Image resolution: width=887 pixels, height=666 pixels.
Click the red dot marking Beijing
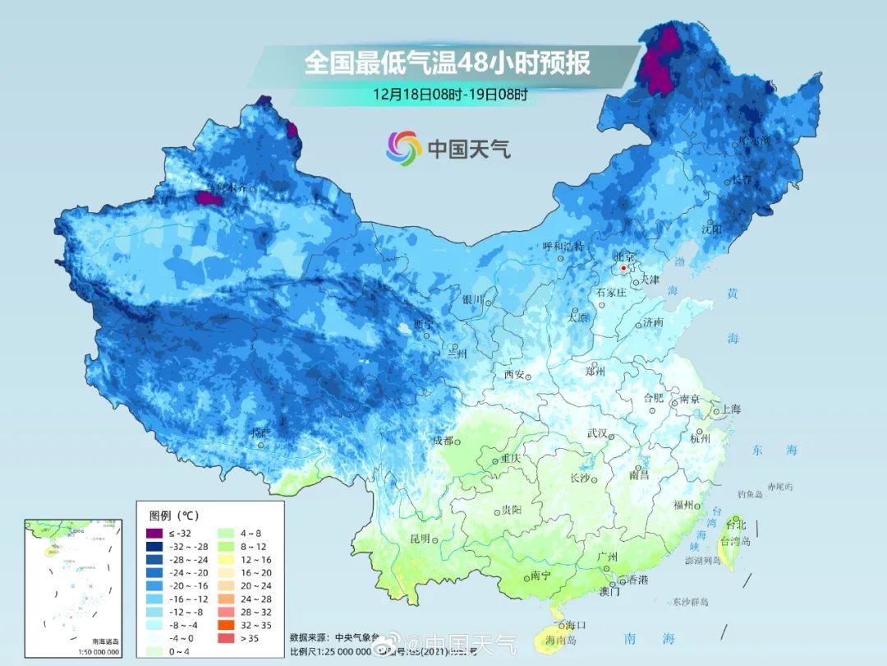point(623,268)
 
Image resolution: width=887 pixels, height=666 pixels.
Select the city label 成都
point(443,441)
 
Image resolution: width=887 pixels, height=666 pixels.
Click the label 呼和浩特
point(563,247)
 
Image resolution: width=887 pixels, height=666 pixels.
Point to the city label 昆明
point(420,539)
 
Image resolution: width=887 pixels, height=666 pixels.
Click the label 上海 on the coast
point(730,409)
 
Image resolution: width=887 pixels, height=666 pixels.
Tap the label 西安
point(514,375)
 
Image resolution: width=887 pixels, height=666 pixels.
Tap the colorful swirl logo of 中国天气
point(404,148)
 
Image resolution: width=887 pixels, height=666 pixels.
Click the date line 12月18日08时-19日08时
point(449,93)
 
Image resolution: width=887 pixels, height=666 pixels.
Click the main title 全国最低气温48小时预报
point(448,63)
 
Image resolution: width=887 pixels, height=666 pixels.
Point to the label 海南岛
point(562,640)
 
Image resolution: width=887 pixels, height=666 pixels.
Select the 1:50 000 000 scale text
point(98,652)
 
